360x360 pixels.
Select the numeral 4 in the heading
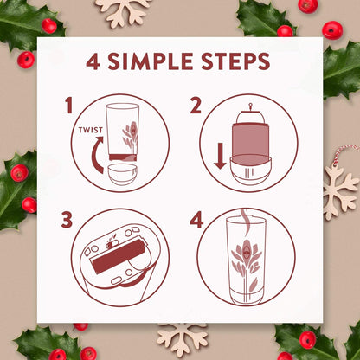click(x=95, y=63)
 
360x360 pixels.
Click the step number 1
click(x=68, y=106)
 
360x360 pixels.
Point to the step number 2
click(x=196, y=106)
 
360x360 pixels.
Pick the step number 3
click(x=67, y=221)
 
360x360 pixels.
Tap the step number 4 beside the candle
click(x=196, y=221)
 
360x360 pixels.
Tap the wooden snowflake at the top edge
click(x=122, y=10)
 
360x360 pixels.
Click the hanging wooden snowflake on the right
click(x=339, y=188)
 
